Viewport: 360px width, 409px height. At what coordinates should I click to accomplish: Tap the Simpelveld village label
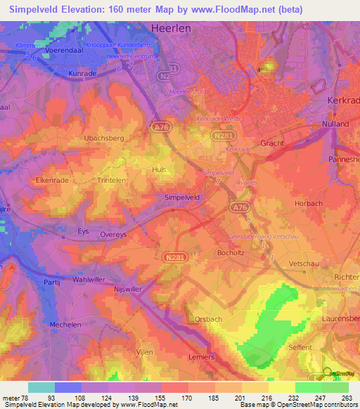tap(183, 198)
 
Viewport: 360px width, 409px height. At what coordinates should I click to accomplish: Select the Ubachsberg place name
tap(103, 138)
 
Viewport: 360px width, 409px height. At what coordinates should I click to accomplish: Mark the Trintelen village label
tap(112, 179)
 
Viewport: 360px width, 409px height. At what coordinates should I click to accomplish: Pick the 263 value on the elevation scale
tap(347, 398)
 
